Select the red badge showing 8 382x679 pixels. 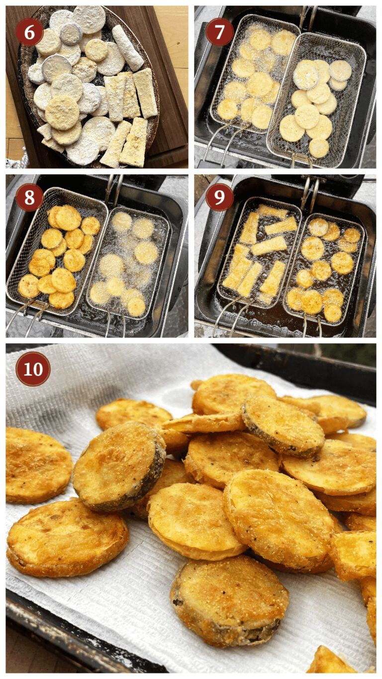point(29,197)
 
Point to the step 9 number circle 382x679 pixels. point(219,197)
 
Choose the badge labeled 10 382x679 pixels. point(33,369)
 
